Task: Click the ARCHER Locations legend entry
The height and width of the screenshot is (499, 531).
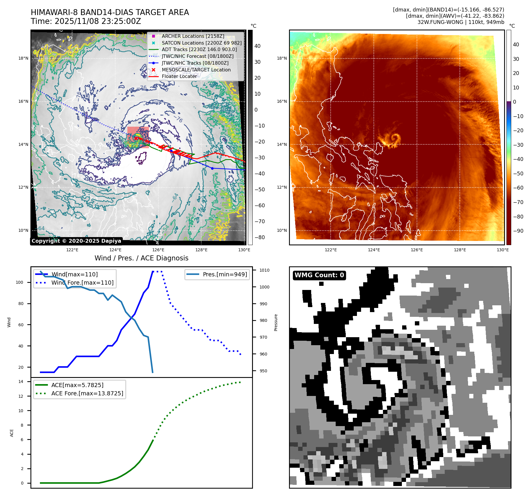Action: [x=193, y=36]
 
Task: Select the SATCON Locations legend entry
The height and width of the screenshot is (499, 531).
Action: [x=202, y=43]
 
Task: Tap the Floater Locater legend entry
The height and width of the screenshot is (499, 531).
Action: [x=179, y=76]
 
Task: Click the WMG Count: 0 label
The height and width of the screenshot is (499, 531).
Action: [x=319, y=275]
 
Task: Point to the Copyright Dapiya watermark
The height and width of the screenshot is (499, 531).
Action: [x=76, y=241]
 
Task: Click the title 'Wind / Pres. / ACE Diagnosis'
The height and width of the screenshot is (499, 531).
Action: [x=141, y=258]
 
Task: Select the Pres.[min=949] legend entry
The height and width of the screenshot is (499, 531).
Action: [x=225, y=274]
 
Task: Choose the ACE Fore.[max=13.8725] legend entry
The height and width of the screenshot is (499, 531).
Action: [x=87, y=393]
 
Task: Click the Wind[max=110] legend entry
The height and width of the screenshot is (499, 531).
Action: [x=74, y=274]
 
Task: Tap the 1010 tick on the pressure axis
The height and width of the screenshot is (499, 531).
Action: [x=264, y=270]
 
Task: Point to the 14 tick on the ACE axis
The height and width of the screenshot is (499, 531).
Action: [x=21, y=381]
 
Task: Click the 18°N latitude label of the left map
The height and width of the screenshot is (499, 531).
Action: [x=23, y=58]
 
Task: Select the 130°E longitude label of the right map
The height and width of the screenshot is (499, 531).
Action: [x=503, y=250]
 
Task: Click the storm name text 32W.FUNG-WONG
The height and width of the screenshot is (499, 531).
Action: [x=440, y=22]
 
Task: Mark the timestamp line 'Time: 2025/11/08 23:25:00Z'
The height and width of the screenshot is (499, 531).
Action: [x=86, y=21]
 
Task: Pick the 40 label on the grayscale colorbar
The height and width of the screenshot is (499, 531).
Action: [x=257, y=46]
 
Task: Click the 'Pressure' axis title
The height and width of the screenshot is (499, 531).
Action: [x=276, y=322]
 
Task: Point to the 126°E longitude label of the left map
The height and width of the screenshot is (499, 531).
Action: [x=158, y=250]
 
